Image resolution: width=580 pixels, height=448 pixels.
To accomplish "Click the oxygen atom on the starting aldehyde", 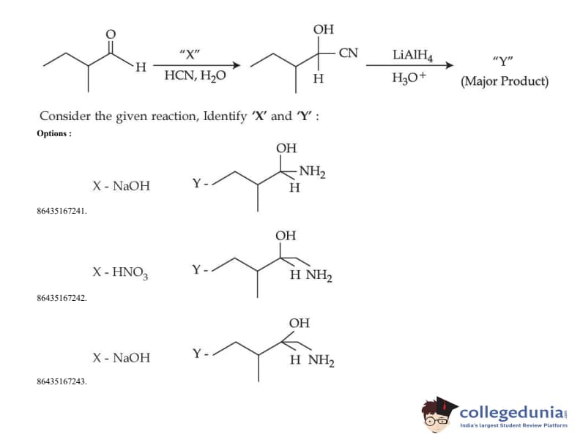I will point(111,34).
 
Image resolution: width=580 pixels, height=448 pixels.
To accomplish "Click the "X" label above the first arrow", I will point(189,53).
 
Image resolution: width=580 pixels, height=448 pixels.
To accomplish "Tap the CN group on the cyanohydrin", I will point(349,53).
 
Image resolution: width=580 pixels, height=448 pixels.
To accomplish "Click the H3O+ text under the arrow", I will point(407,78).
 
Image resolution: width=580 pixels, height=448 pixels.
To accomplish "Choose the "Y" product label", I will point(504,61).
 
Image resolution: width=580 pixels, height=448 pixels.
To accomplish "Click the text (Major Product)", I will point(504,81).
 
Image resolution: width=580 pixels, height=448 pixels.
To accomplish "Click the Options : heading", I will point(54,133).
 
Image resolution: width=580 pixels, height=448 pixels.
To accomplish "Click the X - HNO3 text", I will point(120,272).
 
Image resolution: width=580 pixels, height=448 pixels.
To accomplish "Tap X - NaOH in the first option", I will point(121,186).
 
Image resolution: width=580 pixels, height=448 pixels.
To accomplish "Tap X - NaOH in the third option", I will point(121,358).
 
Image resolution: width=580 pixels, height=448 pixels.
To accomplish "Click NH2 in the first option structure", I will point(312,173).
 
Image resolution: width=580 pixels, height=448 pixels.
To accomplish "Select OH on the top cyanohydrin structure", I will point(323,29).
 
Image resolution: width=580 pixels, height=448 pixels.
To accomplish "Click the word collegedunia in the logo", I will point(512,411).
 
